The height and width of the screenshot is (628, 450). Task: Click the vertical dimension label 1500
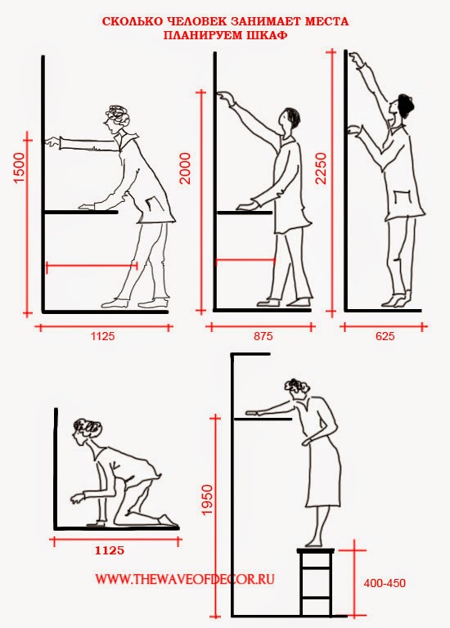(20, 168)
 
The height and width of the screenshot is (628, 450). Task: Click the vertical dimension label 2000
(186, 169)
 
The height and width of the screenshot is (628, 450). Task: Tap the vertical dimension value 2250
(322, 168)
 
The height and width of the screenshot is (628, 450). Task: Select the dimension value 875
(263, 336)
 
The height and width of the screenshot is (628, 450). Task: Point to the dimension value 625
(385, 336)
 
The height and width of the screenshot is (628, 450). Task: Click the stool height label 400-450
(385, 583)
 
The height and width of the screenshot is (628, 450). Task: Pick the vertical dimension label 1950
(207, 500)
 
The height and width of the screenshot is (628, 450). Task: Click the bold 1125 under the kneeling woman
(110, 550)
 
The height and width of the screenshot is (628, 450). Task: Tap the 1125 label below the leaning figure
(102, 336)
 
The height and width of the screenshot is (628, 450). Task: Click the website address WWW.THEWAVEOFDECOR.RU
(185, 579)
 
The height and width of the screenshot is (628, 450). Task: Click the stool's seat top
(315, 550)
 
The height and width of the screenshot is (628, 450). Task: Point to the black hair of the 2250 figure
(405, 104)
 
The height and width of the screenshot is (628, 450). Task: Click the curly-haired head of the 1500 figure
(116, 118)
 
